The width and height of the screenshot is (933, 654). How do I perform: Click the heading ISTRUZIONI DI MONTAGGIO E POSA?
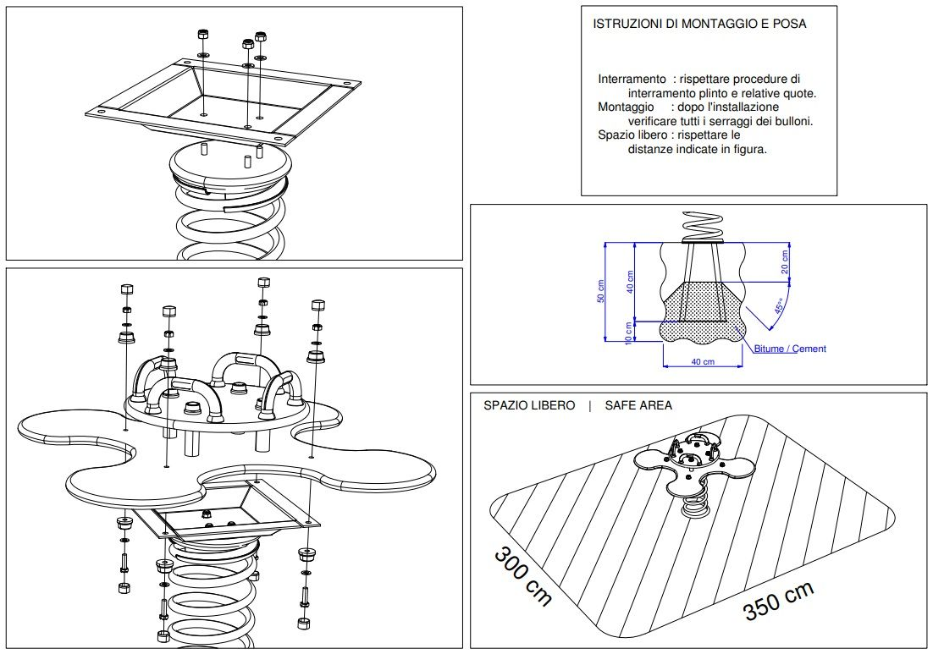coord(699,24)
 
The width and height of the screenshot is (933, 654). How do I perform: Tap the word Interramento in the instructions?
coord(632,79)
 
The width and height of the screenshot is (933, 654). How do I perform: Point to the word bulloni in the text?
coord(792,121)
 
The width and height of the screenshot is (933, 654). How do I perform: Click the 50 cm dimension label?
coord(600,291)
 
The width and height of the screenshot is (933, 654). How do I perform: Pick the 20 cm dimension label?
coord(785,261)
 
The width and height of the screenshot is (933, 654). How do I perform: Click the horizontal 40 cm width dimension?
coord(703,361)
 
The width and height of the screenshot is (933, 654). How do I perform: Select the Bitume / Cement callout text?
coord(790,349)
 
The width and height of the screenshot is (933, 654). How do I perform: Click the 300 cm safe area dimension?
coord(523,575)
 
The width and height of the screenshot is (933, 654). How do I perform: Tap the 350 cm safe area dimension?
coord(778,601)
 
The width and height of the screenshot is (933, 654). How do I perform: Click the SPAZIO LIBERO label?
coord(529,405)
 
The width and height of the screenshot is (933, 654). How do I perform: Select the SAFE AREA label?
coord(638,405)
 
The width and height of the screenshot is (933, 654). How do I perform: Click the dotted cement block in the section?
coord(703,312)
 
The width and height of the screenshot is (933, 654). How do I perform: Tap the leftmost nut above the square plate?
coord(202,34)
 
